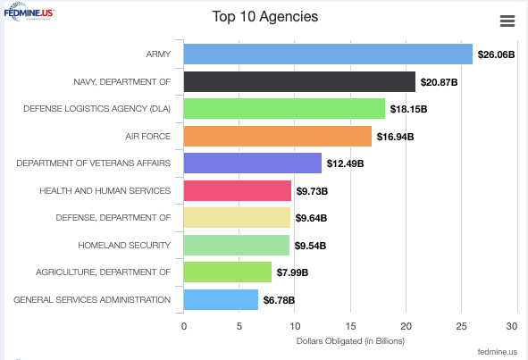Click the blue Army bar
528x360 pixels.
coord(328,54)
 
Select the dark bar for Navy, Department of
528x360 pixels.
coord(299,82)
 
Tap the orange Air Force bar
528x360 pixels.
coord(277,137)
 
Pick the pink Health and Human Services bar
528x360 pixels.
coord(237,191)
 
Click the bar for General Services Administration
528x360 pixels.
coord(221,299)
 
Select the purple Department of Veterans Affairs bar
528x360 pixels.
coord(252,163)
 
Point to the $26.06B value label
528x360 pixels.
coord(496,55)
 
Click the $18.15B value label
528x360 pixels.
coord(408,110)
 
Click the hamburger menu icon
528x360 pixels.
coord(507,21)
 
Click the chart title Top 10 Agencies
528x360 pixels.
coord(264,17)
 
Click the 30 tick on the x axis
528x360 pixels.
coord(512,327)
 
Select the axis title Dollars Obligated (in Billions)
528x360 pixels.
coord(349,341)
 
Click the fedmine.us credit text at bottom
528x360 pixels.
coord(497,353)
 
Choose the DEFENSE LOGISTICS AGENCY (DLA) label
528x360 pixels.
coord(96,109)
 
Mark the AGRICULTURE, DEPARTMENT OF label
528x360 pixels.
coord(103,272)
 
